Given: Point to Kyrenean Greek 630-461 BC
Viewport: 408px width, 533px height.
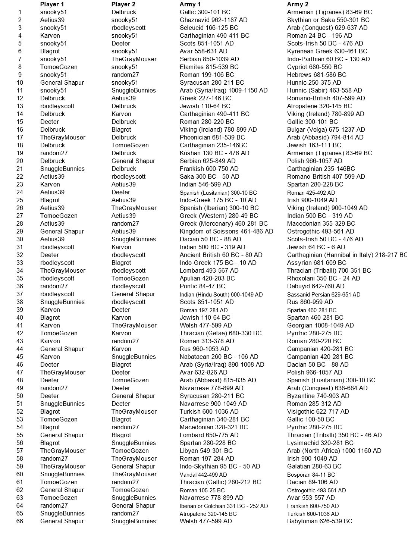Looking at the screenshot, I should (327, 51).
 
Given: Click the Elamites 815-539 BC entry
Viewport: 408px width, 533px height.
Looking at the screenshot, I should (209, 67).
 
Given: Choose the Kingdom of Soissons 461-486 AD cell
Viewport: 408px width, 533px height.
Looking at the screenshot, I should (226, 231).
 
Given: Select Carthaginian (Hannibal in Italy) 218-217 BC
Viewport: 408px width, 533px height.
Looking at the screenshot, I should (347, 255).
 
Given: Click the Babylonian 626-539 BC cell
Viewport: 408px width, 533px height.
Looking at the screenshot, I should (320, 521).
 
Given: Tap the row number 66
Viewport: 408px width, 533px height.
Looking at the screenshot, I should (19, 521).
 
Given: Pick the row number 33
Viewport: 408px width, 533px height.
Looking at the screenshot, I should (19, 263).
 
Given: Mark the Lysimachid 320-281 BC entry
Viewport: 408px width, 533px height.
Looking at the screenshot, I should (320, 443).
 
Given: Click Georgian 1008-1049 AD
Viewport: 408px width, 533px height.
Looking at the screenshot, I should (320, 325).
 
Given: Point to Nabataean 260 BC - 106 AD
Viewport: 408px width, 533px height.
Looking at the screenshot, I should (219, 357).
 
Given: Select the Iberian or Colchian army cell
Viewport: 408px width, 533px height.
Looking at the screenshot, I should (224, 506).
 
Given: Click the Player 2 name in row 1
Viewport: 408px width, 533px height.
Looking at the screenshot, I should (124, 12).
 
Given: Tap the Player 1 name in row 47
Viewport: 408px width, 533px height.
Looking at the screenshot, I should (63, 372).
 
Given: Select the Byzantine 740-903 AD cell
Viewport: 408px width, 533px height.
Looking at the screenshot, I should (318, 396).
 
